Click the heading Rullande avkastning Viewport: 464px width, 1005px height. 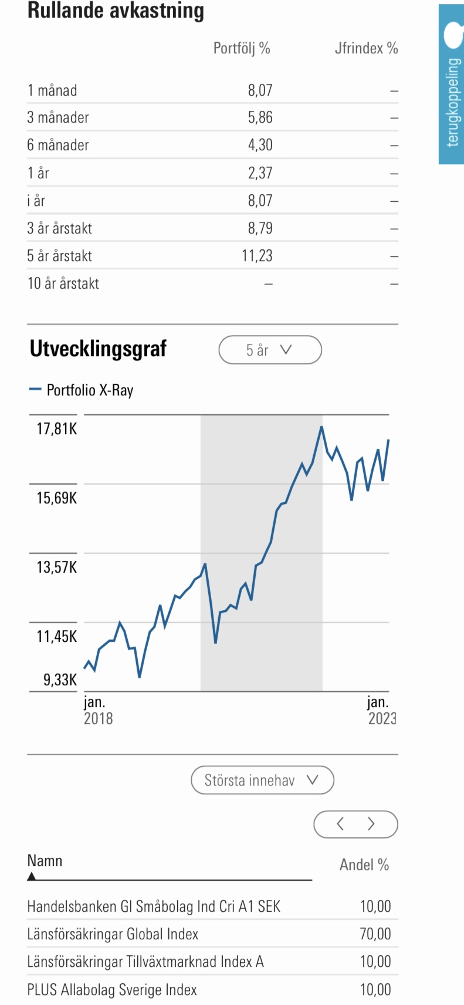click(x=116, y=11)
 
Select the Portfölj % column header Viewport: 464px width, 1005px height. click(x=242, y=48)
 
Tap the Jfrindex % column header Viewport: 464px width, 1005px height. click(x=366, y=48)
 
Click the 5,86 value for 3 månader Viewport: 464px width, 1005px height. click(x=260, y=117)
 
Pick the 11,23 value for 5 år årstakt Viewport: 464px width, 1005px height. click(x=257, y=256)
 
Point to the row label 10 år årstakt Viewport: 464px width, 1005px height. click(x=63, y=283)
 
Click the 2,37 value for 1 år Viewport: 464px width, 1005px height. click(x=260, y=173)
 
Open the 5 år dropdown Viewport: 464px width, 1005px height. click(x=270, y=350)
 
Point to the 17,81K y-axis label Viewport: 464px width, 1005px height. click(x=56, y=429)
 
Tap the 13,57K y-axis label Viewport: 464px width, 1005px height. click(x=56, y=567)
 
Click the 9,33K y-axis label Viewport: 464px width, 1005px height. click(x=60, y=680)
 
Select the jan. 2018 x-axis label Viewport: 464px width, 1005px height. click(x=97, y=710)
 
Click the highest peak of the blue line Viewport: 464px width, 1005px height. click(x=321, y=427)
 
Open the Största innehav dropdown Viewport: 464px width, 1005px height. click(x=262, y=780)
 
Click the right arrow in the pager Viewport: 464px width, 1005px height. click(x=371, y=824)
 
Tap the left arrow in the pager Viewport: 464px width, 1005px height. click(x=340, y=824)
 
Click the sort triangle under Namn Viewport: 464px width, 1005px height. click(x=32, y=877)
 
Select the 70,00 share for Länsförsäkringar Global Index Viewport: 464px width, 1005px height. click(x=375, y=934)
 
